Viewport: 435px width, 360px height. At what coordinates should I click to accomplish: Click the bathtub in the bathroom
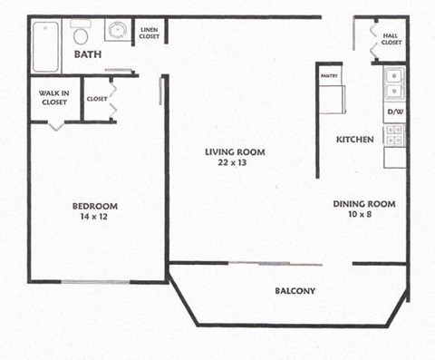click(x=45, y=46)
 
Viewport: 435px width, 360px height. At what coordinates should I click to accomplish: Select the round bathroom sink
click(x=116, y=32)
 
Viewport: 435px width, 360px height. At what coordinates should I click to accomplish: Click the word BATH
click(x=88, y=55)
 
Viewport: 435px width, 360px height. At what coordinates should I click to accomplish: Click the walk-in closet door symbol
click(x=56, y=124)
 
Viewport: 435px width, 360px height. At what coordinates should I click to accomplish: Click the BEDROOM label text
click(x=95, y=206)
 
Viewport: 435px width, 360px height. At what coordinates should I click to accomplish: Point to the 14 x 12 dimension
click(x=95, y=218)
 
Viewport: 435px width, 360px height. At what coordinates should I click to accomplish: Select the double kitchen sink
click(x=394, y=84)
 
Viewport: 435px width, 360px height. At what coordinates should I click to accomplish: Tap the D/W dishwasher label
click(x=395, y=112)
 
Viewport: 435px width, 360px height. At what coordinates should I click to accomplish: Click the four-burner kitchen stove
click(x=395, y=135)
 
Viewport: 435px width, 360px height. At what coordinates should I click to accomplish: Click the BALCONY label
click(x=295, y=291)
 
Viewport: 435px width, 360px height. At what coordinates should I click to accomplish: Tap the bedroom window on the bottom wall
click(x=95, y=281)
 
